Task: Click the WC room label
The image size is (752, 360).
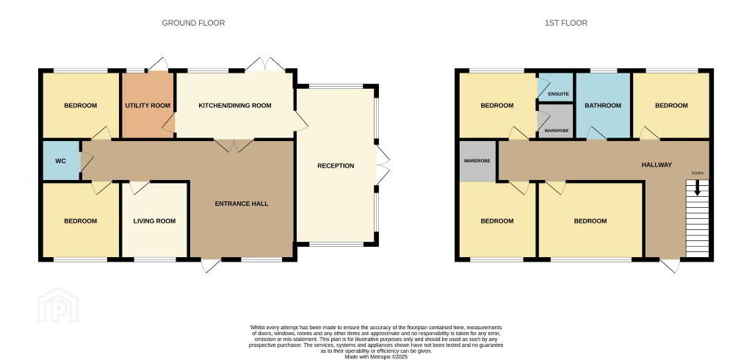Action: [60, 162]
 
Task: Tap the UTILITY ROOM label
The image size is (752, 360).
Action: [148, 106]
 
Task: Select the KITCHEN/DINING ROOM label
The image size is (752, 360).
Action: [235, 106]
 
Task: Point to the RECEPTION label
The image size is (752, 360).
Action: [336, 166]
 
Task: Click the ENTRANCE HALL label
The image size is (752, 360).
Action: [242, 204]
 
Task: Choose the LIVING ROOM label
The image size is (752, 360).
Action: [154, 221]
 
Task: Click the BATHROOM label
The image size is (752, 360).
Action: [604, 106]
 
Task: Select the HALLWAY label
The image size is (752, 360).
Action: [657, 165]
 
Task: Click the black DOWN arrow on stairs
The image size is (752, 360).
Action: [698, 187]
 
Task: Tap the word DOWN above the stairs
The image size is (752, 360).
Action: [698, 173]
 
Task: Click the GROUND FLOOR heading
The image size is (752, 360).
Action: [193, 23]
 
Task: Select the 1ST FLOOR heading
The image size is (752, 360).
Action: [566, 23]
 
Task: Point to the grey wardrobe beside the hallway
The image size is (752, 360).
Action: [477, 162]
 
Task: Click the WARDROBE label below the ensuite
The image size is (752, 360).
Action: [556, 131]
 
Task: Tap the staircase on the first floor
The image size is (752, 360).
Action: [698, 219]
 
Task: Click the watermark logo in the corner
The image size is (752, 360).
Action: [58, 306]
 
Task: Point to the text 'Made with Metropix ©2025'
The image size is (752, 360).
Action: [376, 357]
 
